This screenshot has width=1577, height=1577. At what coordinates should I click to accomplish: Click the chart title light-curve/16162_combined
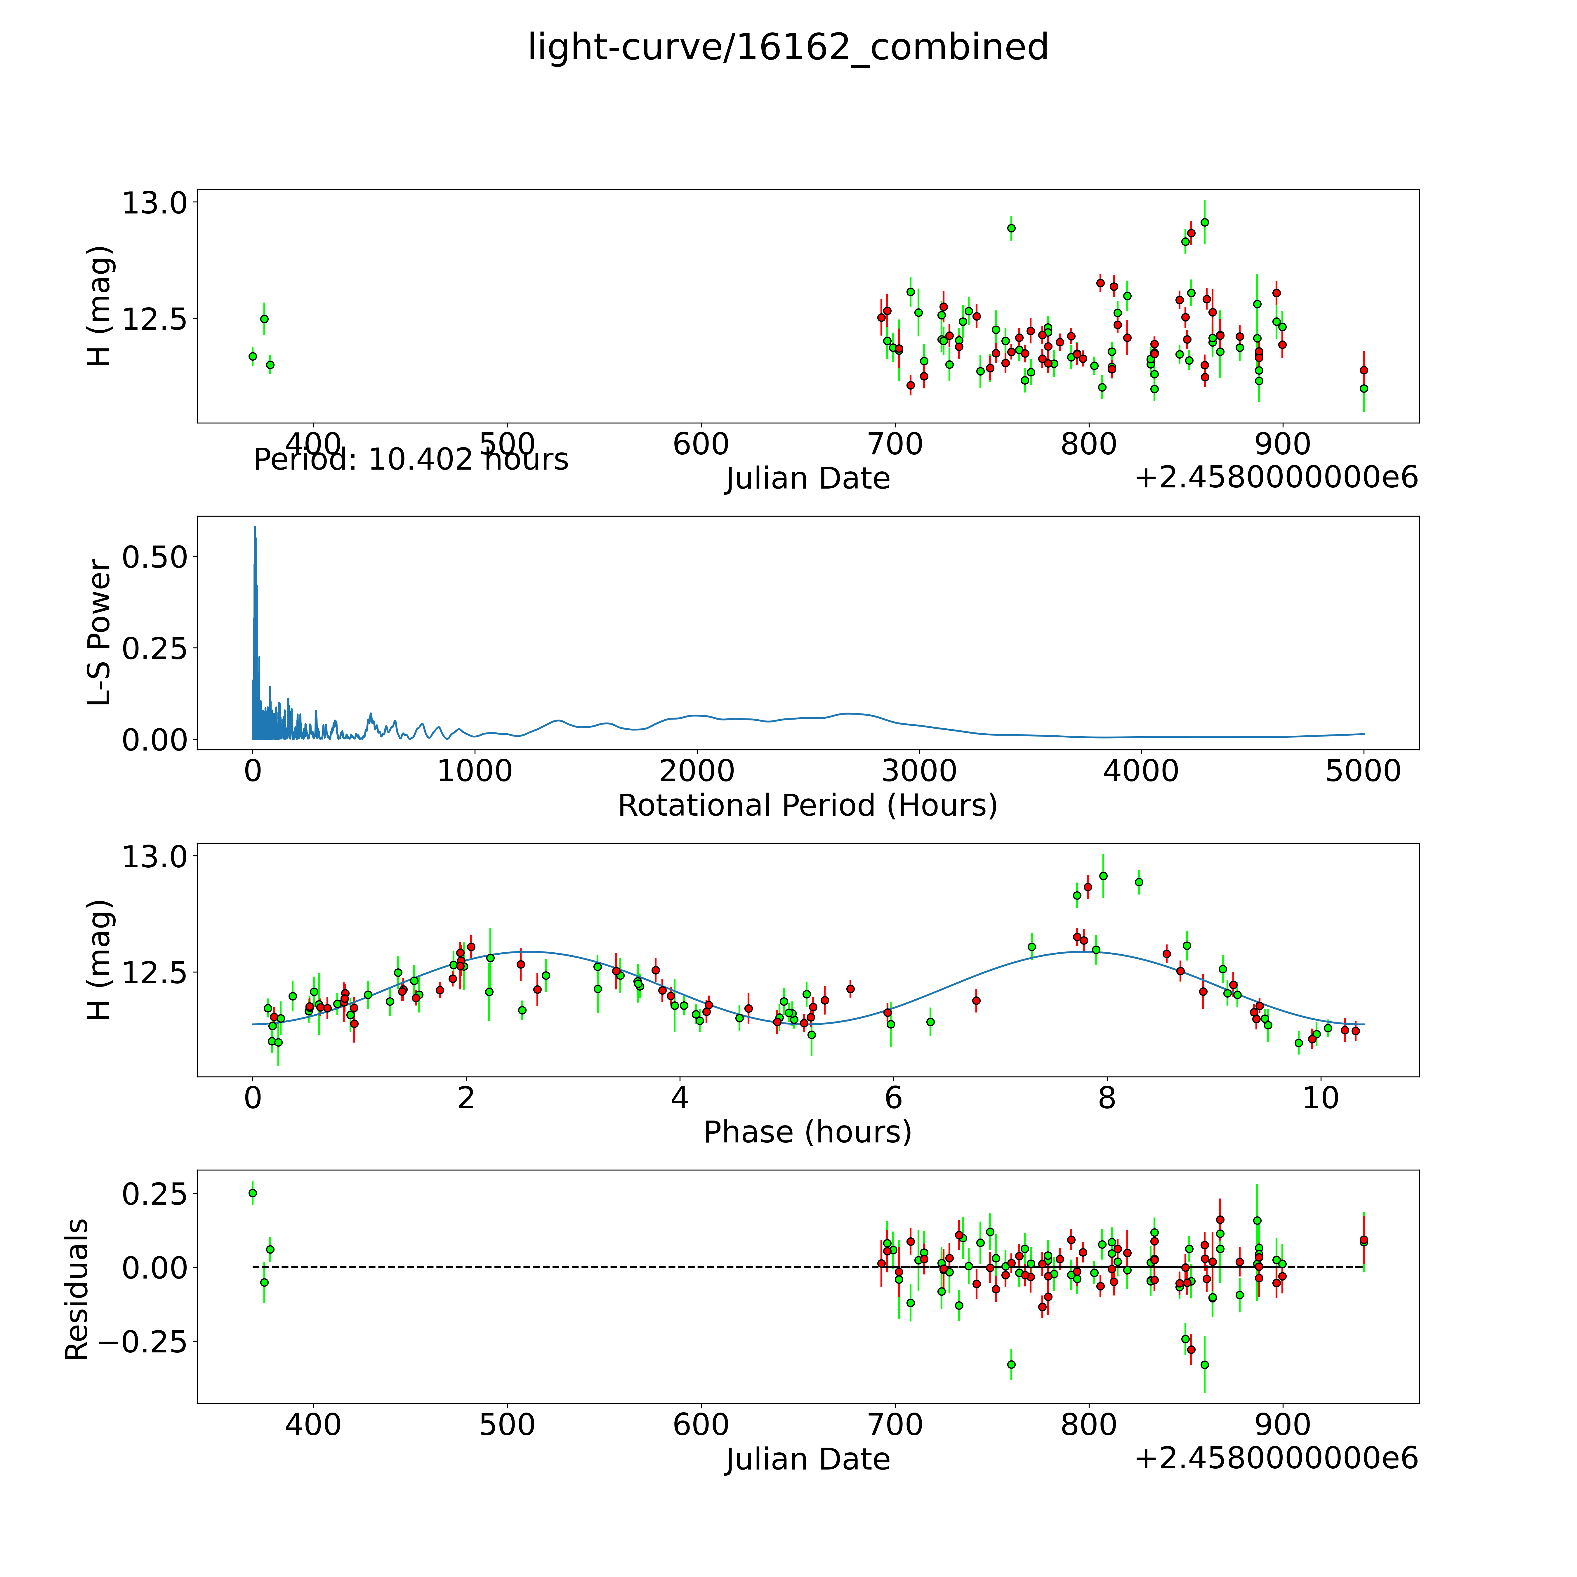[788, 47]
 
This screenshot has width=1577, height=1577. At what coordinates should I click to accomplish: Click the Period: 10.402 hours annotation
[411, 460]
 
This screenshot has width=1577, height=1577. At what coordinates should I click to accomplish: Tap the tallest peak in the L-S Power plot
[255, 527]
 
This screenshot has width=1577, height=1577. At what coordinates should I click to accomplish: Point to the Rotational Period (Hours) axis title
[807, 806]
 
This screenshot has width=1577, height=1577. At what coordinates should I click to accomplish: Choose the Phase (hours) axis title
[807, 1132]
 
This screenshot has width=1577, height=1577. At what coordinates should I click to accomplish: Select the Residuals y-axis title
[77, 1290]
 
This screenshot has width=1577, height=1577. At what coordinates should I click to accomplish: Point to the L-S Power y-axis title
[99, 633]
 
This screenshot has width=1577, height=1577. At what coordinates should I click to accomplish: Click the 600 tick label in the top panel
[701, 445]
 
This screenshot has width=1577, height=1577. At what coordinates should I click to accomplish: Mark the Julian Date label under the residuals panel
[807, 1460]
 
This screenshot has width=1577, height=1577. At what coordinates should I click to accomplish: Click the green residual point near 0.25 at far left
[252, 1193]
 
